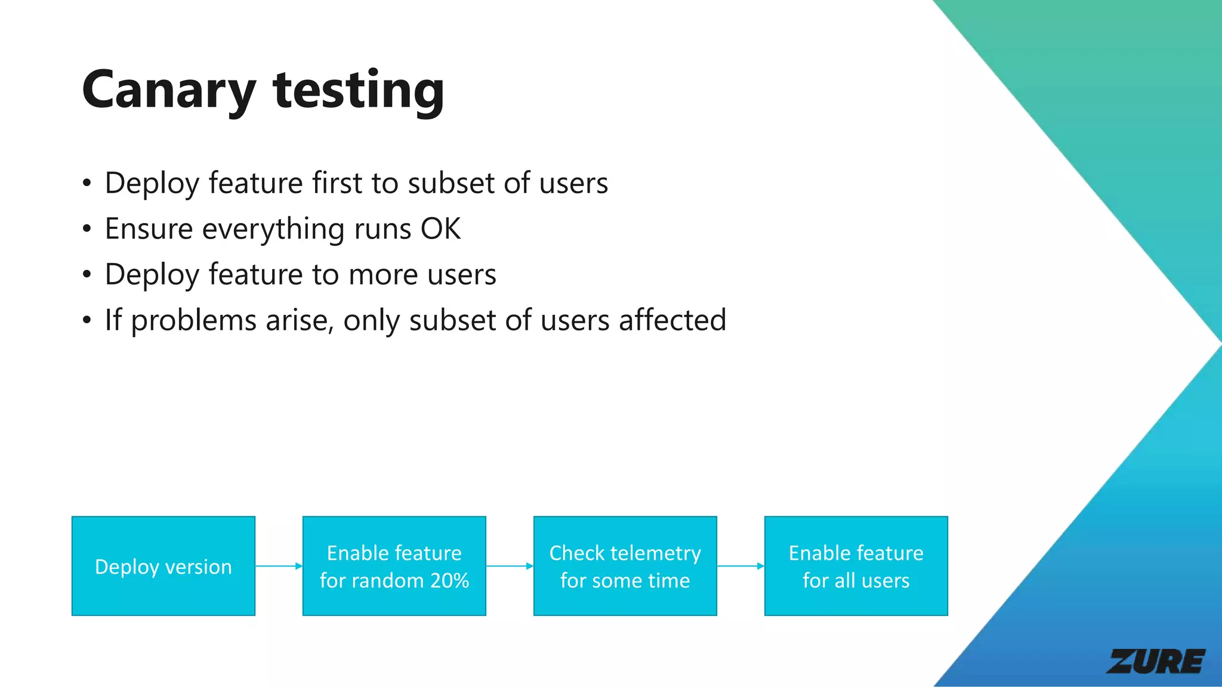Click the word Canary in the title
[169, 91]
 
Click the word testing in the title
[358, 91]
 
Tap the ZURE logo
[1155, 661]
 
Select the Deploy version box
[163, 566]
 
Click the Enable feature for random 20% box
[394, 566]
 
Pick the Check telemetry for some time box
[625, 566]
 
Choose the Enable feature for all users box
[856, 566]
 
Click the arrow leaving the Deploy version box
[279, 566]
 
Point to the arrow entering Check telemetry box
[510, 566]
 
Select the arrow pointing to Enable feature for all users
[740, 566]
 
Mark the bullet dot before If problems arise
[87, 321]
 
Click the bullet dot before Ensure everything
[87, 229]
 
